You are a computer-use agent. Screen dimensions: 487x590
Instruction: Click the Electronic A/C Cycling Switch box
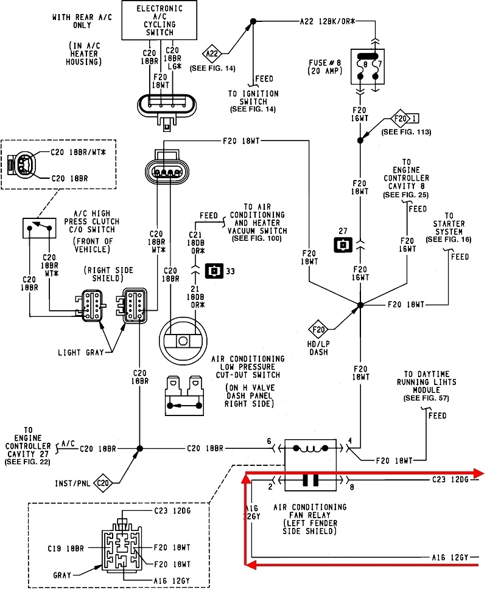[x=159, y=20]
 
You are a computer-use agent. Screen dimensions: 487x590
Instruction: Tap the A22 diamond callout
[x=212, y=54]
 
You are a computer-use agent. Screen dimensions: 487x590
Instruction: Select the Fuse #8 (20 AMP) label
[x=326, y=67]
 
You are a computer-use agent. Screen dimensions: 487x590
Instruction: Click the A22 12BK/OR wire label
[x=328, y=22]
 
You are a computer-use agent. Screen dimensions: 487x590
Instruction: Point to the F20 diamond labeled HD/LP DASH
[x=318, y=330]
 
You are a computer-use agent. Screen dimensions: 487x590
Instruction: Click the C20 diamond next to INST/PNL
[x=103, y=483]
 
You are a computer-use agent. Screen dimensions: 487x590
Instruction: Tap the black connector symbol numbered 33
[x=214, y=271]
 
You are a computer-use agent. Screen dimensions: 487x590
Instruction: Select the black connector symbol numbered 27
[x=343, y=245]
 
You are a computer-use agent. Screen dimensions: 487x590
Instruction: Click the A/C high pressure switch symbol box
[x=39, y=228]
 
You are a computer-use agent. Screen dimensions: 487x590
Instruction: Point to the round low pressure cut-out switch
[x=183, y=341]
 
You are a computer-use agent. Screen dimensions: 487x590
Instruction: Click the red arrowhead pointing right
[x=478, y=473]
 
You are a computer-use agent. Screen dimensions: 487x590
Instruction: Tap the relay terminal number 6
[x=269, y=441]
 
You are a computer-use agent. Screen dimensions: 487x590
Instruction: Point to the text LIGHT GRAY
[x=80, y=353]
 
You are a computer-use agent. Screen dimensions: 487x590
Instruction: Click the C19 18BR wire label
[x=66, y=549]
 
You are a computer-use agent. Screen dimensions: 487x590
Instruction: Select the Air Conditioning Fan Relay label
[x=310, y=519]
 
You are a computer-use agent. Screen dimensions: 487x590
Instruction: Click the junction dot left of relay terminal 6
[x=140, y=448]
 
